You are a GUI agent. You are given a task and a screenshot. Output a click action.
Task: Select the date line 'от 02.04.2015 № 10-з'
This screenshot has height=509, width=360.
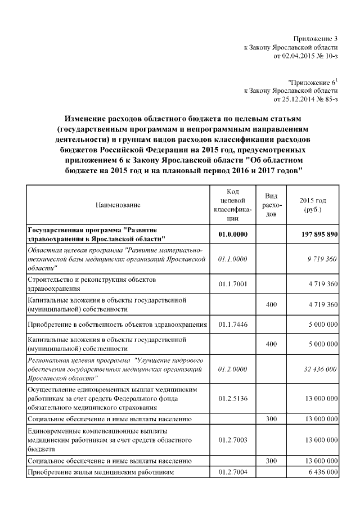(305, 56)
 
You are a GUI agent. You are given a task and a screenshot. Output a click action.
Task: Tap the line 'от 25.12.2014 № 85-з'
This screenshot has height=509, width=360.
(305, 99)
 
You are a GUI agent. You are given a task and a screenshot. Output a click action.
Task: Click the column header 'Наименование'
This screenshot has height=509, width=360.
(118, 205)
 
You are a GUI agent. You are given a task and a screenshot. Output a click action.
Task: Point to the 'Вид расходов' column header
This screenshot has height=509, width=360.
(272, 205)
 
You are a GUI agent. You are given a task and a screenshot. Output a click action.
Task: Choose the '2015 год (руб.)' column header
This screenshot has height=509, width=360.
(313, 205)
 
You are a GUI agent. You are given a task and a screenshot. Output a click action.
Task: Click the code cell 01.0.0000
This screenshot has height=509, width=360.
(233, 235)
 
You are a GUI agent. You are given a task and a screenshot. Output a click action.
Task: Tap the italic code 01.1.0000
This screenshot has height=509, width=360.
(233, 259)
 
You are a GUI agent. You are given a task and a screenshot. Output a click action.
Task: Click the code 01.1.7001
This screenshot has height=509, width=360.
(233, 283)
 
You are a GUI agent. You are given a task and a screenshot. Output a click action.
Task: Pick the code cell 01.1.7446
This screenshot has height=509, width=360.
(233, 325)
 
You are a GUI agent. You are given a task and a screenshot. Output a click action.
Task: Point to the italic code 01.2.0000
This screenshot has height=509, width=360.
(233, 369)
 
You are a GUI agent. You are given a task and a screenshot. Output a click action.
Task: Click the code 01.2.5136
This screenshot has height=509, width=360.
(233, 398)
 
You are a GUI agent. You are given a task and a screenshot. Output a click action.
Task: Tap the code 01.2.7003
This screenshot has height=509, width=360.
(233, 439)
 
